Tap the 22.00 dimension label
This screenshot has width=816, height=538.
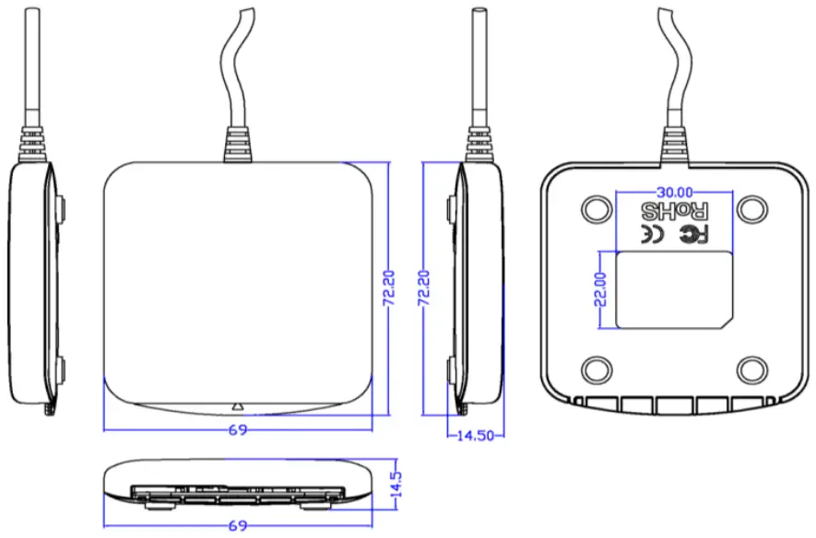(600, 288)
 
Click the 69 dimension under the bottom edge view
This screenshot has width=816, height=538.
(238, 526)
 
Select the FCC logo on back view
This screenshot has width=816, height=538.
(693, 235)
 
